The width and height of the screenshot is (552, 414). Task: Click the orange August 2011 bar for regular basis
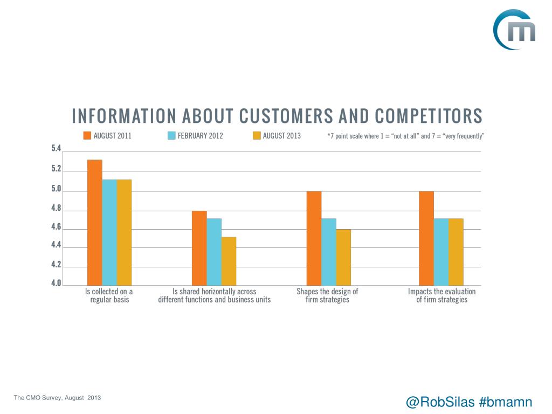(x=95, y=222)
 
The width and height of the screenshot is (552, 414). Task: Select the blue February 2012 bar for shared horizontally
(x=214, y=251)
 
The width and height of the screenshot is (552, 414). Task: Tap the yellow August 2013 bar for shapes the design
(x=343, y=257)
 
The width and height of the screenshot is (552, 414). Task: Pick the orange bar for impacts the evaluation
(x=426, y=238)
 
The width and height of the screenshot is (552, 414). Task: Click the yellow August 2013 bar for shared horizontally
(x=229, y=261)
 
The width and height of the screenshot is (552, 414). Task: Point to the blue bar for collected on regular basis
(x=109, y=232)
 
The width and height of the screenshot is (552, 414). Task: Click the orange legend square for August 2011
(x=87, y=135)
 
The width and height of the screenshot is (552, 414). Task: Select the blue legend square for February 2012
(x=172, y=135)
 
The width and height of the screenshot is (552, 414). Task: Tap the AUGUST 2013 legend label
(x=281, y=136)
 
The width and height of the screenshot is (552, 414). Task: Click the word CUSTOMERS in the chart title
(x=293, y=116)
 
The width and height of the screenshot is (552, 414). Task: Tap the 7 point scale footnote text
(x=406, y=136)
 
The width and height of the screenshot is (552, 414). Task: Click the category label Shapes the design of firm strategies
(x=327, y=295)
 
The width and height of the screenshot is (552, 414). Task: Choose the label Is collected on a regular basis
(x=109, y=295)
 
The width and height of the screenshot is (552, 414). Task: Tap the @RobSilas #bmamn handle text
(x=468, y=402)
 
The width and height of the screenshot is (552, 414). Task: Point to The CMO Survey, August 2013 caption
(x=58, y=398)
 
